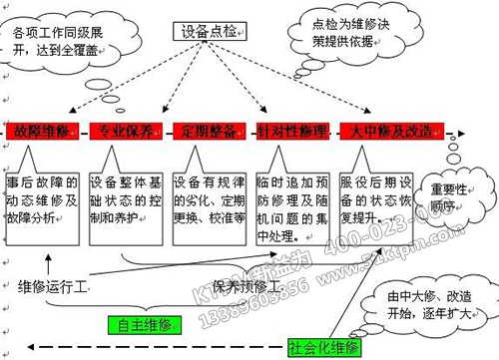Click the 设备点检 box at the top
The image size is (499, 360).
click(209, 34)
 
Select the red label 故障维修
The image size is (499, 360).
click(37, 130)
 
